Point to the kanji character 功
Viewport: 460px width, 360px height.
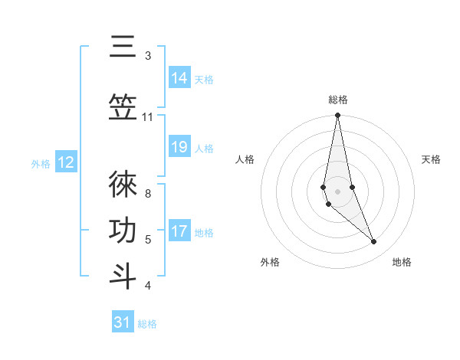point(123,230)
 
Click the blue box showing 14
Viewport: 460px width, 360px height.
point(179,78)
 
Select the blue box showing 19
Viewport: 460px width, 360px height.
point(179,147)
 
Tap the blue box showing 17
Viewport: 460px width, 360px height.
point(179,231)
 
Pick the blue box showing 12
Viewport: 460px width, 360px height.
point(66,162)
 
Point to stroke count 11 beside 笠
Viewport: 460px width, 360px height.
point(148,117)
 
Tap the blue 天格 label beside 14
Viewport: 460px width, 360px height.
point(204,79)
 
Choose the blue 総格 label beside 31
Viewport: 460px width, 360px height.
point(147,324)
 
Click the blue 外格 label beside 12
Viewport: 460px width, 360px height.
point(41,163)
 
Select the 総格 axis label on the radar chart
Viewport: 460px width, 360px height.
point(338,100)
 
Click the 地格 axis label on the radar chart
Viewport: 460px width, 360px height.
point(402,262)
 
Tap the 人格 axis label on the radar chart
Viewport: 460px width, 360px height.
point(245,159)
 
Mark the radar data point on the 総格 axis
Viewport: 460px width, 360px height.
point(338,116)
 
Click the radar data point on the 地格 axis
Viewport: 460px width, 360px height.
point(374,242)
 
